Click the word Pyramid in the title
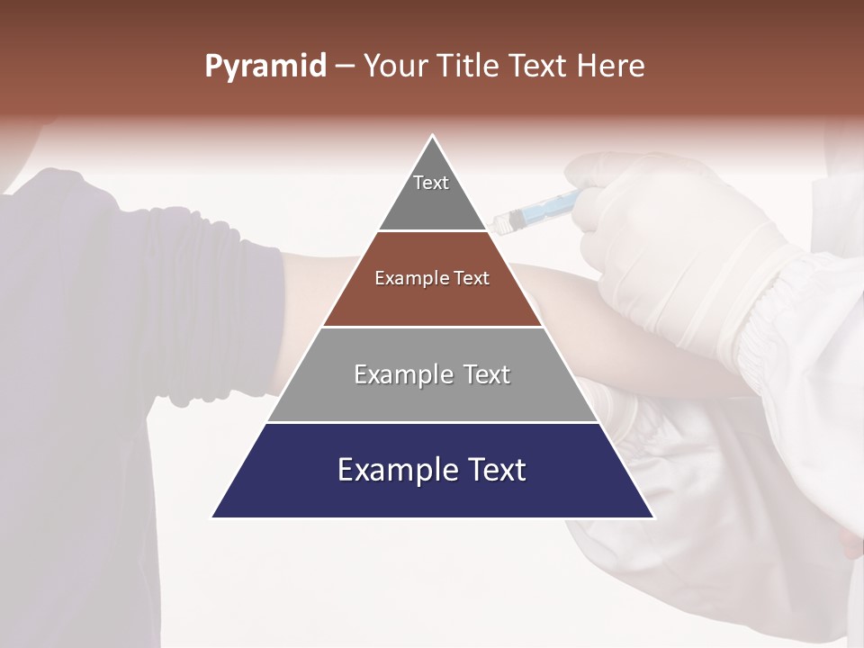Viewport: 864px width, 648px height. pos(265,67)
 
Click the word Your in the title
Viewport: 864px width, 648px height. pos(393,67)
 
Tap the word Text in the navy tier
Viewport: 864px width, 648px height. pos(490,471)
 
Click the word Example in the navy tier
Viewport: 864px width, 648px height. pos(393,471)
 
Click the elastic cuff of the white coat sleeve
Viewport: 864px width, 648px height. pos(774,315)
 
